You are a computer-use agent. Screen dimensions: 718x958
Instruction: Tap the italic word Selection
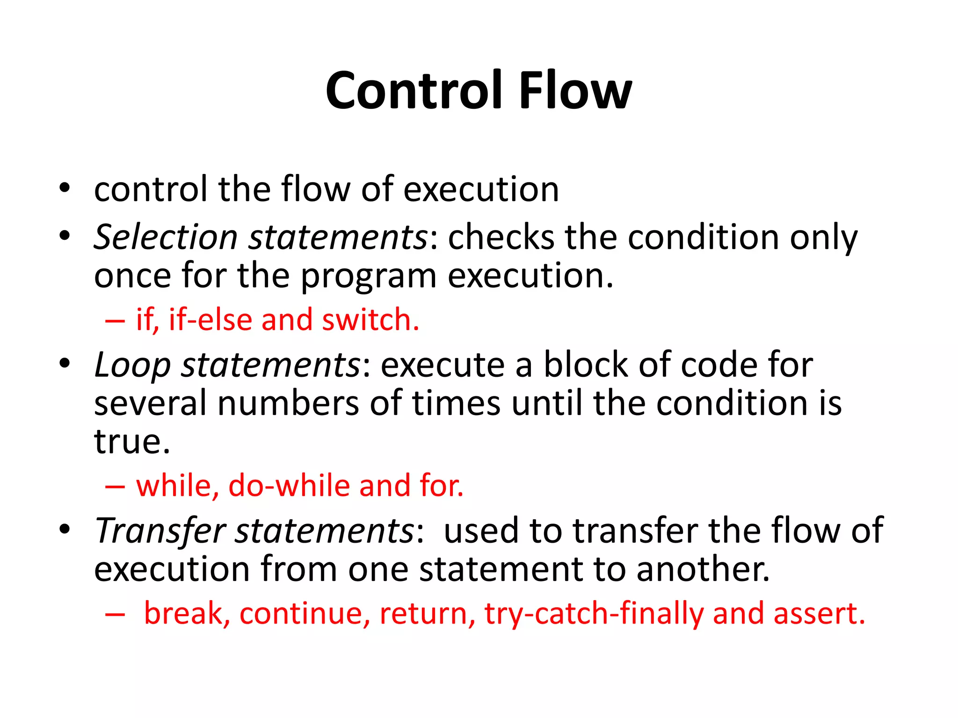click(166, 237)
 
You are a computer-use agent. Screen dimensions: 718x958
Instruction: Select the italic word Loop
click(132, 365)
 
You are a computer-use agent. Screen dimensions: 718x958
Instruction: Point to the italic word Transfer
click(160, 531)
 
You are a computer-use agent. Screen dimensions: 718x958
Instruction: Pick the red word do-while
click(289, 486)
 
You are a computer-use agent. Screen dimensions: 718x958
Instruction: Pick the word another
click(703, 569)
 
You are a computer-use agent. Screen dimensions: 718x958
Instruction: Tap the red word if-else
click(210, 320)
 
